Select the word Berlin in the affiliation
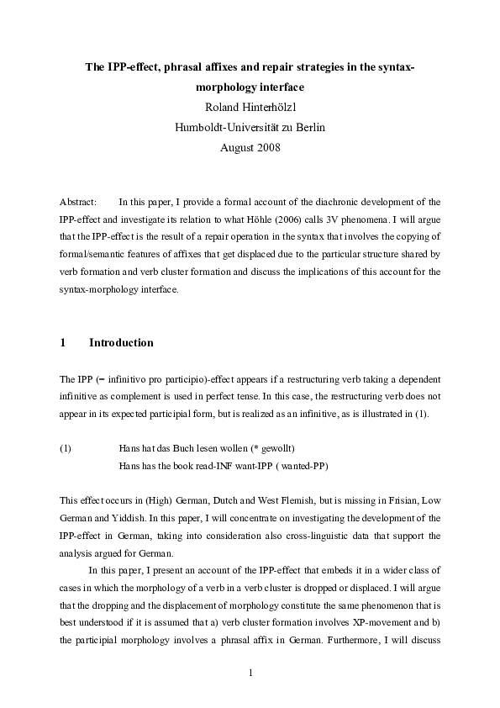[x=305, y=127]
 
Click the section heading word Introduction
[x=121, y=343]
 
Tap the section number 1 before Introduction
[x=63, y=343]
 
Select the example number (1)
[x=66, y=447]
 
